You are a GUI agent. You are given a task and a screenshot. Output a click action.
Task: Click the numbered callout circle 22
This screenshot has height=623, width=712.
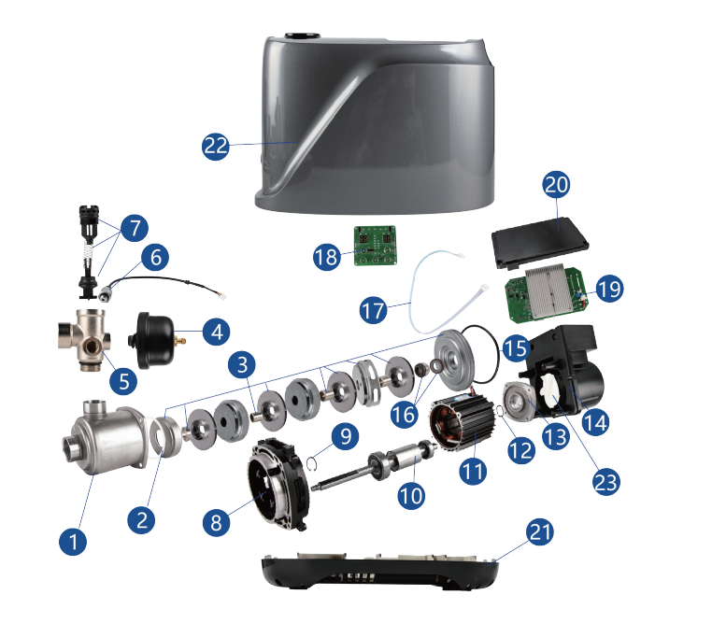click(215, 146)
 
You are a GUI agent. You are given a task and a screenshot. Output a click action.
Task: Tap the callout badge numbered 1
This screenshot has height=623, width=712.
click(73, 542)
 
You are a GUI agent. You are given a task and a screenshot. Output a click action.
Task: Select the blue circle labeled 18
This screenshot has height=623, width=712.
click(326, 256)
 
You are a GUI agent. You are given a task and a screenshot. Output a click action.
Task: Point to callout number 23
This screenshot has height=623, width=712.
click(606, 482)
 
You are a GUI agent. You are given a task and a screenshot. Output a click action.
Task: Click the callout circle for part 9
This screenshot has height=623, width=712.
click(346, 436)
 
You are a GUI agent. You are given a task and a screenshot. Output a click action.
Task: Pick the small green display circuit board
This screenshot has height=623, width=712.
click(375, 245)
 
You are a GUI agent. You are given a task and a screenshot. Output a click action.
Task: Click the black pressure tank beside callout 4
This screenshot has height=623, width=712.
click(153, 340)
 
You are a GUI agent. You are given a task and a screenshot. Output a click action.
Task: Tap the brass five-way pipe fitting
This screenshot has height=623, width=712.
click(85, 339)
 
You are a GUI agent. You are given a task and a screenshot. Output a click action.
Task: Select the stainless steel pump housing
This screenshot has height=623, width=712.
click(105, 436)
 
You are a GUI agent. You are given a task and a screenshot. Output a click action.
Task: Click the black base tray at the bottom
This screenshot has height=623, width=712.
click(379, 571)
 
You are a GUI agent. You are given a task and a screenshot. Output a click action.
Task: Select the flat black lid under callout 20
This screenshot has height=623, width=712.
click(540, 242)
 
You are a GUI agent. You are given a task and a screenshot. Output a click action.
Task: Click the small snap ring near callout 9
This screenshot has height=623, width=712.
click(311, 463)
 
